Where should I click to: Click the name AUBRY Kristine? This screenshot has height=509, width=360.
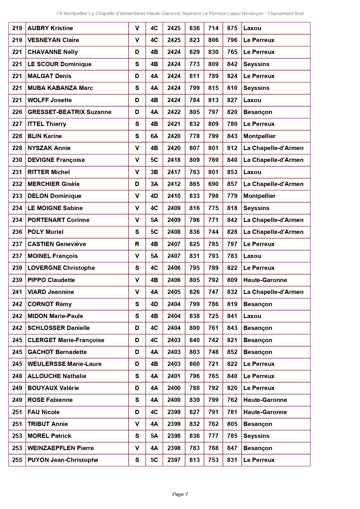point(50,28)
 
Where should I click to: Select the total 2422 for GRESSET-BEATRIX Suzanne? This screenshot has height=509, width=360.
point(174,112)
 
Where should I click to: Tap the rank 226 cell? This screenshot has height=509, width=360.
point(17,112)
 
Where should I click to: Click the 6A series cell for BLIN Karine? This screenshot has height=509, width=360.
point(154,136)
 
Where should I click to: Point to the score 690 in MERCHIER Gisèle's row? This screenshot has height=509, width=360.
point(213,184)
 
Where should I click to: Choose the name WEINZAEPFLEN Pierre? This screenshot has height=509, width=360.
point(61,448)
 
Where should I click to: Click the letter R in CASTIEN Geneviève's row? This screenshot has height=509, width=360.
point(137,244)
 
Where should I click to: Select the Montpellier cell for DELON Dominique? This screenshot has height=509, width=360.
point(259,196)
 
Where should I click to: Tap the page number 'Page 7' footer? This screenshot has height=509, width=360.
point(180,494)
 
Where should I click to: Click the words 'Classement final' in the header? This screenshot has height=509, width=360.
point(285,13)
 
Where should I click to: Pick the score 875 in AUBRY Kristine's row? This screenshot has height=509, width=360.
point(232,28)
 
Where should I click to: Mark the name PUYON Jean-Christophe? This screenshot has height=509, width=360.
point(63,460)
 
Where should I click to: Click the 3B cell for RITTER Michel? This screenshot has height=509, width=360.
point(154,172)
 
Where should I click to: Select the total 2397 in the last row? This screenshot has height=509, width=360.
point(174,460)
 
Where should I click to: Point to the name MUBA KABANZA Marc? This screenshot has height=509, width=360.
point(60,88)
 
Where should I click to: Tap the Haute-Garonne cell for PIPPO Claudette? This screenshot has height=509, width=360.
point(265,280)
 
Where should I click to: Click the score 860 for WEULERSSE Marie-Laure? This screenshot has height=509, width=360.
point(194,364)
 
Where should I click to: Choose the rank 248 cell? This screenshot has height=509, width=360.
point(17,376)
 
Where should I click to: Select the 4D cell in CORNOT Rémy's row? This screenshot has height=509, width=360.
point(154,304)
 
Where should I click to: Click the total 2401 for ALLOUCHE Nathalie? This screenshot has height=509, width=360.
point(174,376)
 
